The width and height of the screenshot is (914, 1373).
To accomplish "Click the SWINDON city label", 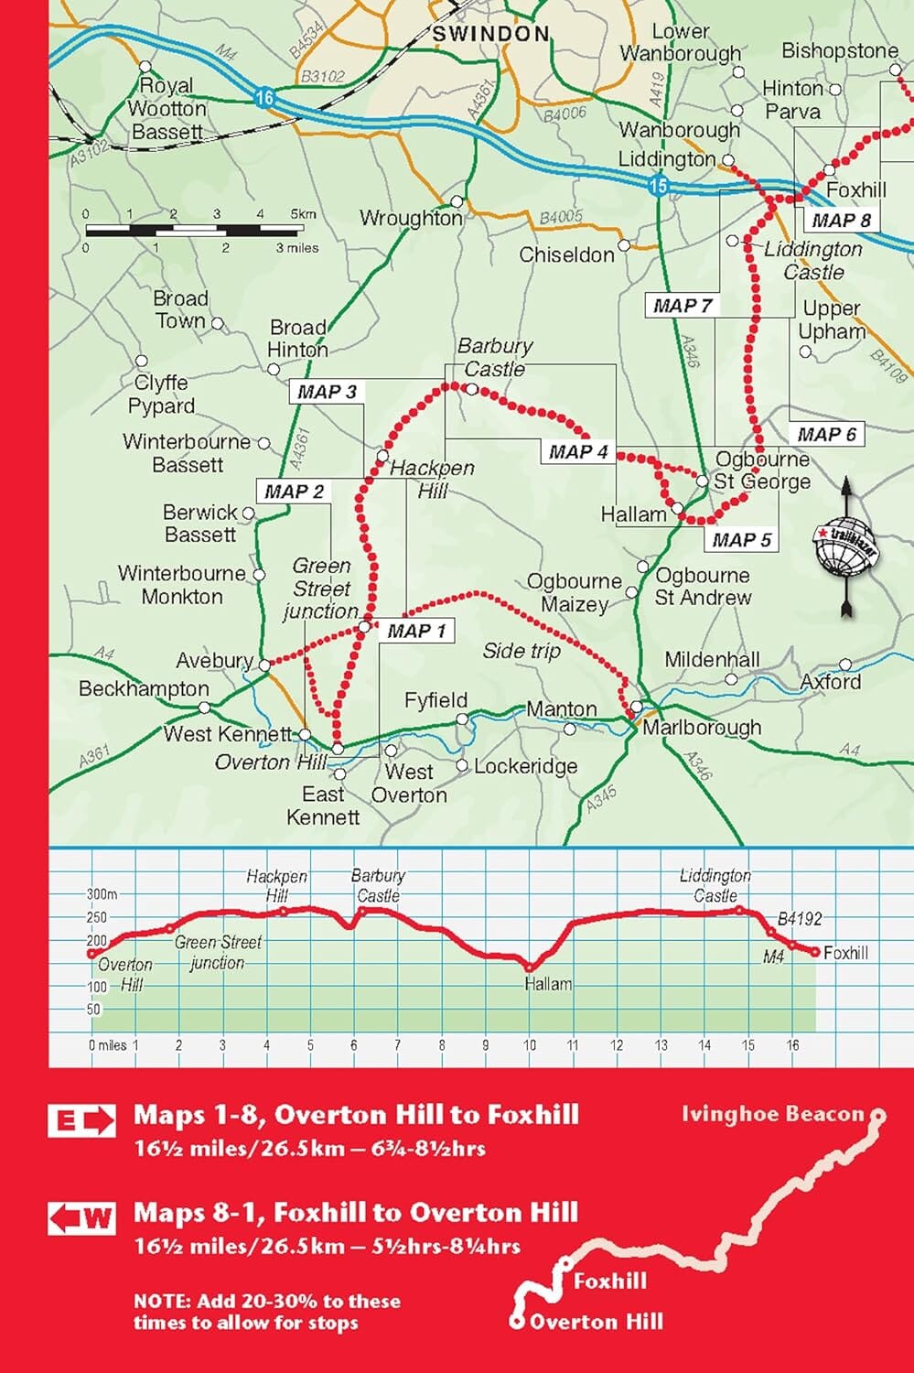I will [490, 34].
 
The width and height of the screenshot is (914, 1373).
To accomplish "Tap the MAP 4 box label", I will [578, 451].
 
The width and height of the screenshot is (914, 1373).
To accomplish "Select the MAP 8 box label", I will [841, 220].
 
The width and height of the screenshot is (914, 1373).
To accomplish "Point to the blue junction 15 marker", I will [658, 187].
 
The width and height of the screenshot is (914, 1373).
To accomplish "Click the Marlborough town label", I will [702, 728].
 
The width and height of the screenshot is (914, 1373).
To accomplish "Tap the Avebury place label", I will [214, 660].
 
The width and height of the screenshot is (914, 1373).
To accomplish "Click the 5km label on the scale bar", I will [303, 214].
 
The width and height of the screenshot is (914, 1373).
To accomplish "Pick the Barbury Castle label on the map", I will [494, 357].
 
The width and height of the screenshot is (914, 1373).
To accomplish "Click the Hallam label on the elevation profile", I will [548, 984].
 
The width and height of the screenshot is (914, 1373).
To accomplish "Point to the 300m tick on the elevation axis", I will [102, 894].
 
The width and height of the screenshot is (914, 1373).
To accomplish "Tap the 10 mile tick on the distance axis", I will [529, 1044].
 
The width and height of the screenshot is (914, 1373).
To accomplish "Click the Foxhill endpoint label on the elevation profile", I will [845, 953].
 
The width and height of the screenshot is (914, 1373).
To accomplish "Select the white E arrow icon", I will [82, 1120].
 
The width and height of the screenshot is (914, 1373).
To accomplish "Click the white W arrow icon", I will [82, 1218].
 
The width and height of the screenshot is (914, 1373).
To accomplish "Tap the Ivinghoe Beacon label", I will [772, 1114].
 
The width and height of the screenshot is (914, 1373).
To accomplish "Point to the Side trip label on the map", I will [521, 651].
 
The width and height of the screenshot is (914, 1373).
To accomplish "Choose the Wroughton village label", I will [411, 218].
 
